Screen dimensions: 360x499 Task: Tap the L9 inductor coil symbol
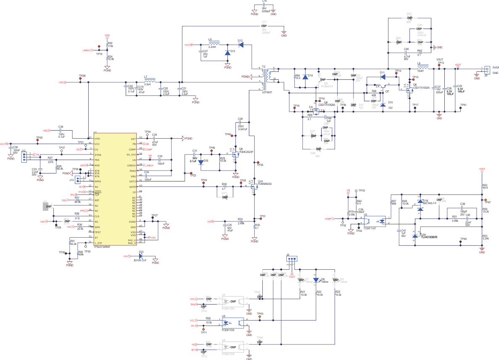pos(214,44)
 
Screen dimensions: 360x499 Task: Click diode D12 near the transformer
pos(241,45)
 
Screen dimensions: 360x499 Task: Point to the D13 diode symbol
pos(227,53)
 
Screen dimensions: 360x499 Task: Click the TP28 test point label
pos(82,76)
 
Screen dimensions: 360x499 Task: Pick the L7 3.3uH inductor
pos(148,81)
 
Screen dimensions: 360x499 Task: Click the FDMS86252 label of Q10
pos(265,184)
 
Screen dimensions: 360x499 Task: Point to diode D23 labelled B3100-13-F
pos(140,256)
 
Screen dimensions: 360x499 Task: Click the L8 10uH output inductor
pos(422,68)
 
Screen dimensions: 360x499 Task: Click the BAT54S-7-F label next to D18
pos(431,204)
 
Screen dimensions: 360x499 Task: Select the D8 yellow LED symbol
pos(316,279)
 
